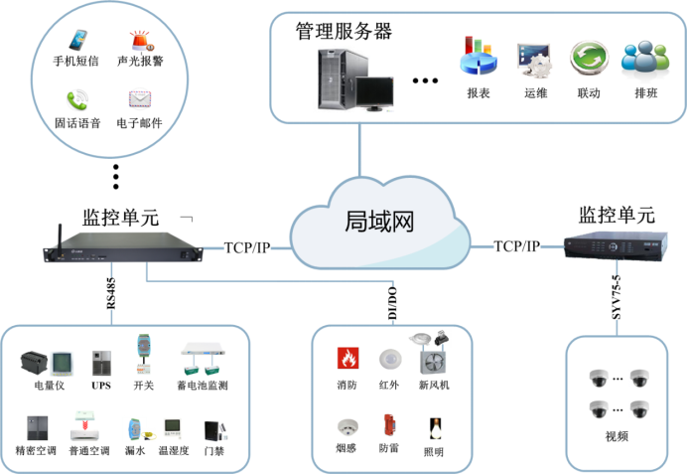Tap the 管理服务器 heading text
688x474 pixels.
pyautogui.click(x=344, y=31)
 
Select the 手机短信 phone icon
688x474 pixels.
pyautogui.click(x=76, y=41)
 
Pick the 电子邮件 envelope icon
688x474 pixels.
pyautogui.click(x=140, y=99)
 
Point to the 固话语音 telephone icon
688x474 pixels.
pyautogui.click(x=76, y=99)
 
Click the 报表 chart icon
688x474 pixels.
pyautogui.click(x=478, y=59)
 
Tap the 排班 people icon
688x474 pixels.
pyautogui.click(x=643, y=59)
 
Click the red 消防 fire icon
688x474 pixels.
pyautogui.click(x=347, y=358)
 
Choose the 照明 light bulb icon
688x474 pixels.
pyautogui.click(x=434, y=428)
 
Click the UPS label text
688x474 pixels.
pyautogui.click(x=100, y=386)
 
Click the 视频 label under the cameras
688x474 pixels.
pyautogui.click(x=617, y=436)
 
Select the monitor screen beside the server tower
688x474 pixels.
pyautogui.click(x=379, y=90)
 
